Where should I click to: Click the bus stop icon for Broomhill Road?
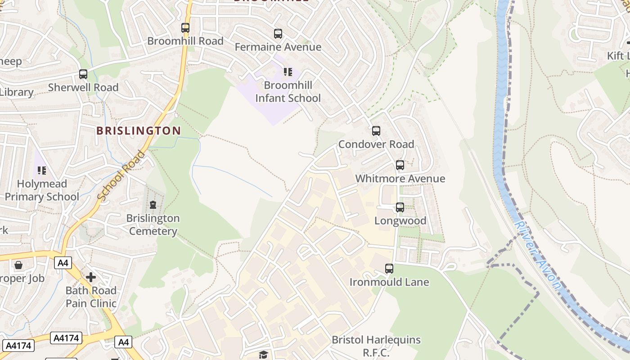185,28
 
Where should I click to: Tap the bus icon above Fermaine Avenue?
278,34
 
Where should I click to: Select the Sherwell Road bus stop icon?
83,74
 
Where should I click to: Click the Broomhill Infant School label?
288,91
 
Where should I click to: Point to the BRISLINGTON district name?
139,131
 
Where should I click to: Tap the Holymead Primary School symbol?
42,171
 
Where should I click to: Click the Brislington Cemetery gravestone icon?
153,205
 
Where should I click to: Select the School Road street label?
121,176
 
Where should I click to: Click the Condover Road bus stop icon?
376,131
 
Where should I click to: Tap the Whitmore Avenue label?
400,179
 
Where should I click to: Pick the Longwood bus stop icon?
400,207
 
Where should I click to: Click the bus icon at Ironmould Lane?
389,269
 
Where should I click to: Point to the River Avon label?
537,254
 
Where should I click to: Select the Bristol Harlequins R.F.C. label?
376,346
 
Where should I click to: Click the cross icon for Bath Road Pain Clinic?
91,277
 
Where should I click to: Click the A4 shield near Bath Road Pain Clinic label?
123,342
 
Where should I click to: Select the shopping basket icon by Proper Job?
18,265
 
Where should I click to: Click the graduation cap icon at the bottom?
263,355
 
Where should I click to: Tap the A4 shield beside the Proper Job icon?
63,263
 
